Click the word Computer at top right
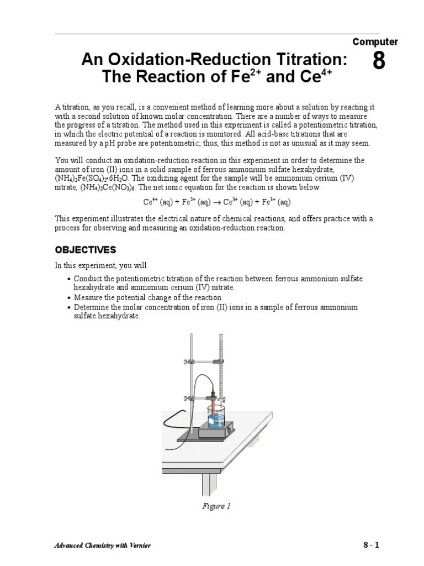click(x=375, y=41)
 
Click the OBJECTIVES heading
click(x=85, y=249)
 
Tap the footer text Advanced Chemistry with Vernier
click(x=102, y=546)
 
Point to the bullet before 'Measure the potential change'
click(x=68, y=298)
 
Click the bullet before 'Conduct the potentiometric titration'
click(x=68, y=279)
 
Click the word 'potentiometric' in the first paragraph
click(x=335, y=125)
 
